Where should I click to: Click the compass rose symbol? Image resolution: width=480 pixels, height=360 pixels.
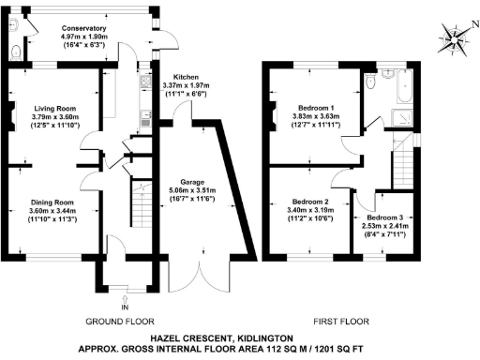tap(455, 37)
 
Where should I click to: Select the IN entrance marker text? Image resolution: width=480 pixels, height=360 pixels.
tap(123, 307)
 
